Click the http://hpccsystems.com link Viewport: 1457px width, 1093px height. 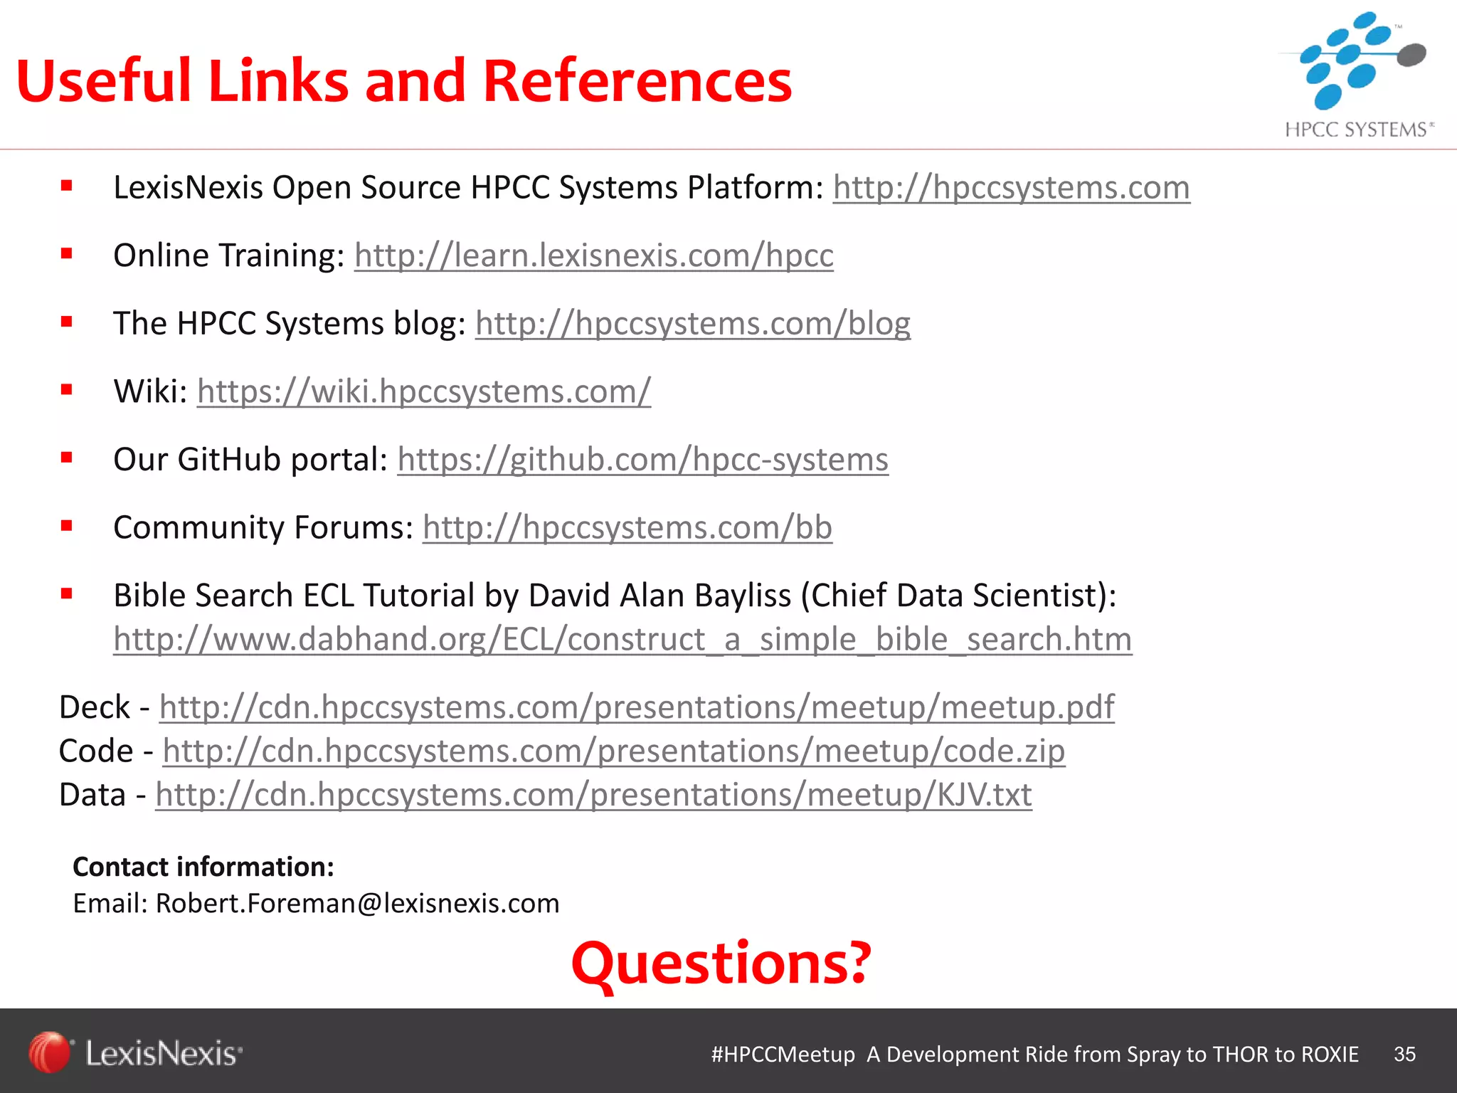click(1011, 188)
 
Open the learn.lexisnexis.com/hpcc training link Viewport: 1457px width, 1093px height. click(593, 255)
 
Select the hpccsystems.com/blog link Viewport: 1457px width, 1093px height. click(692, 324)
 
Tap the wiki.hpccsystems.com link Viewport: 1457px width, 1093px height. click(423, 391)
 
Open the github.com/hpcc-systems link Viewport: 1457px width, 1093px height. click(642, 460)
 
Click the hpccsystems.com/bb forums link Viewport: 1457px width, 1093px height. click(627, 527)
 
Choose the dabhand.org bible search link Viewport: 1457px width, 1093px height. click(622, 639)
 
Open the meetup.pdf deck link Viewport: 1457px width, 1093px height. click(636, 707)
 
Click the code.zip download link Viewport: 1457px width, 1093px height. click(613, 751)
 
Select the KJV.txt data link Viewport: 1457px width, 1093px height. click(593, 795)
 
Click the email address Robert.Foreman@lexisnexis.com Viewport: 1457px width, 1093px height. click(357, 904)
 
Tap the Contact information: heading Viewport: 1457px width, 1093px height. click(203, 867)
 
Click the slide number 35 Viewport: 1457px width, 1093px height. click(1404, 1054)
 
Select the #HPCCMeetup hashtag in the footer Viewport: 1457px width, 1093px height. click(783, 1054)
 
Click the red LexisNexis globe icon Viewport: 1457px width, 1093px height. click(49, 1052)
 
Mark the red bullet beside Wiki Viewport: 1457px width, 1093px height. click(67, 390)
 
